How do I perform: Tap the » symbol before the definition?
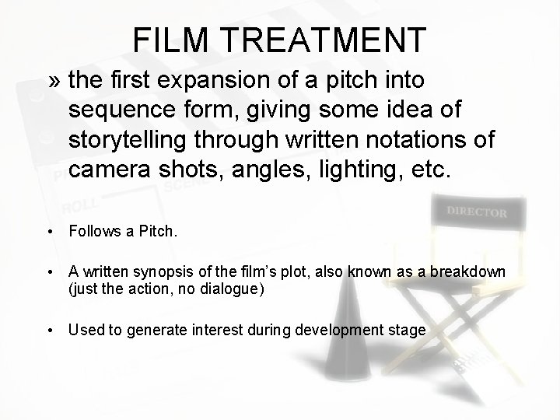click(x=57, y=79)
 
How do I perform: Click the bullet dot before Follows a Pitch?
click(x=49, y=231)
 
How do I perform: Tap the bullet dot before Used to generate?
click(x=49, y=331)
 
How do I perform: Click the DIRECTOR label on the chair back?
click(x=477, y=212)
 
